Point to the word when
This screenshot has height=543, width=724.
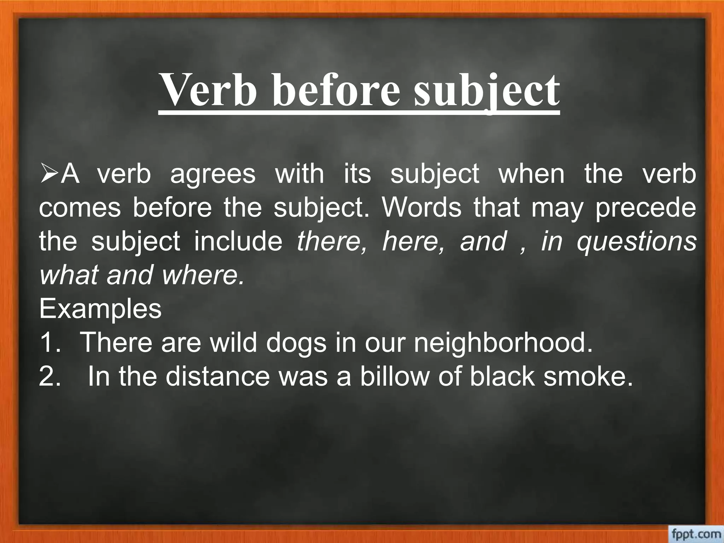pos(531,174)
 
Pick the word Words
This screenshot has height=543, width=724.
pos(422,208)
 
